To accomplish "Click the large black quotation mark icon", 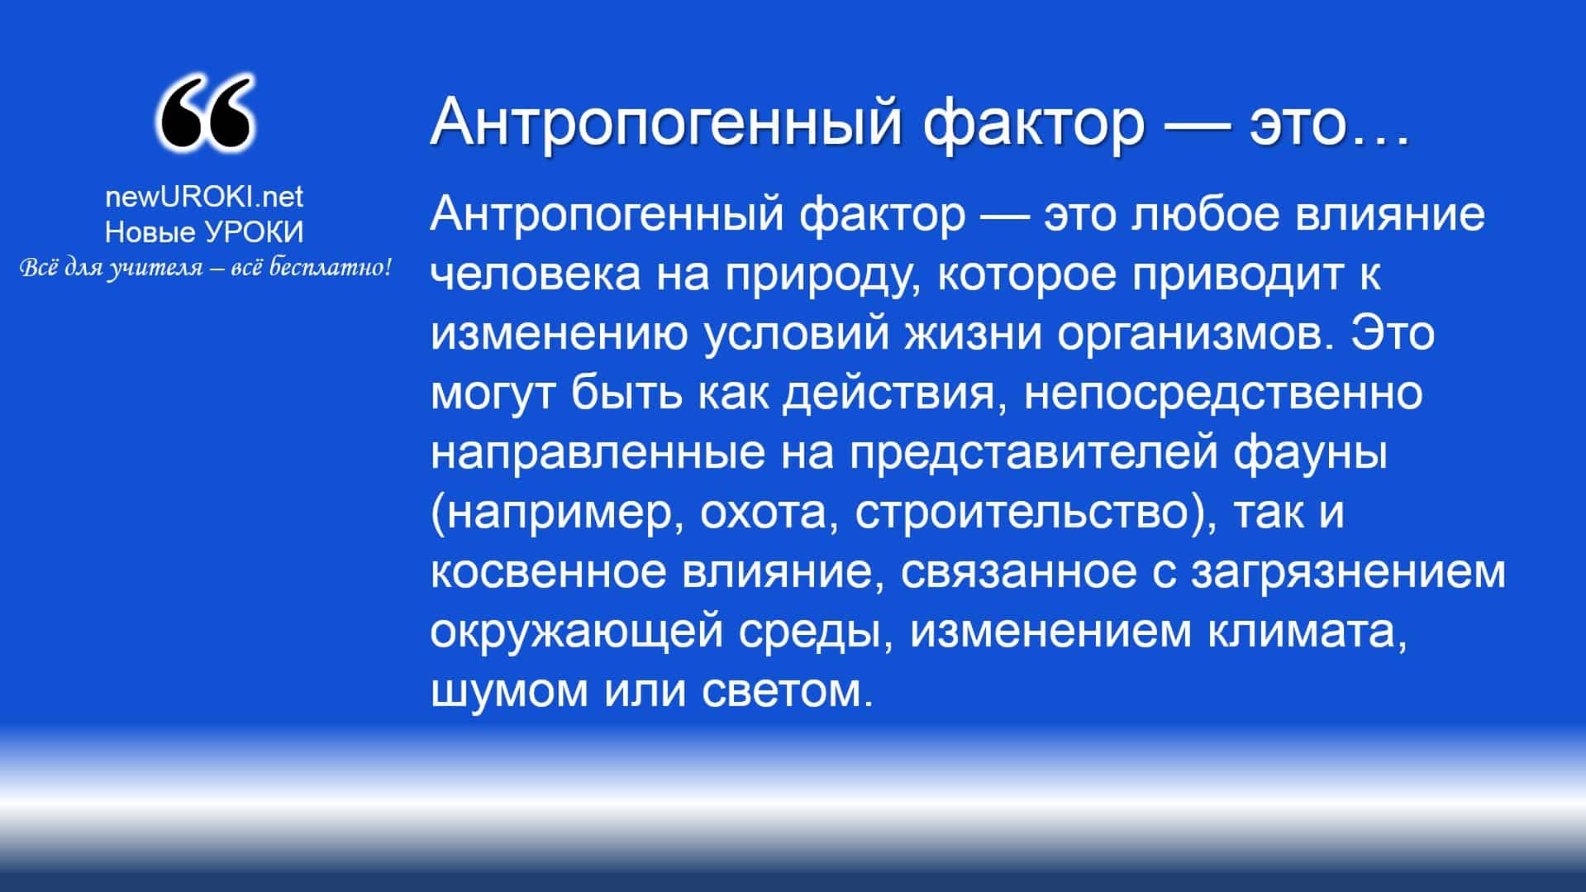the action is click(x=204, y=114).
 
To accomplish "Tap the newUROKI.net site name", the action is click(x=204, y=196).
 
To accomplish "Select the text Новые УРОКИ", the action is click(x=204, y=232).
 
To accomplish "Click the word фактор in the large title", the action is click(x=1034, y=122).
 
